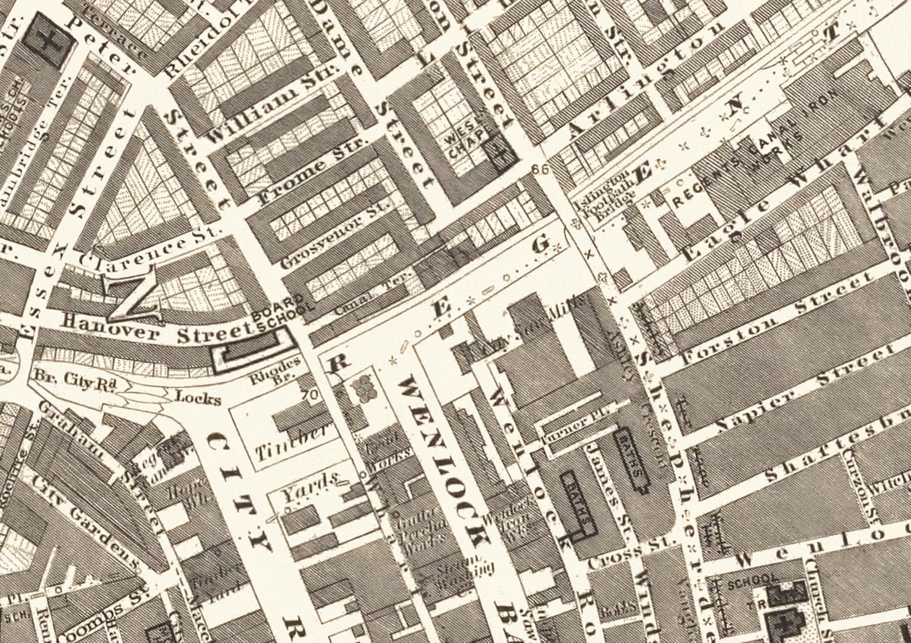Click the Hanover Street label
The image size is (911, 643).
pyautogui.click(x=158, y=330)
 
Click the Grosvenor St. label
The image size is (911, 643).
pyautogui.click(x=336, y=235)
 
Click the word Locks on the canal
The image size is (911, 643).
pyautogui.click(x=198, y=397)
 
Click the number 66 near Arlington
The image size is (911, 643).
pyautogui.click(x=539, y=169)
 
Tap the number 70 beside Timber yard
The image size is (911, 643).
pyautogui.click(x=312, y=395)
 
